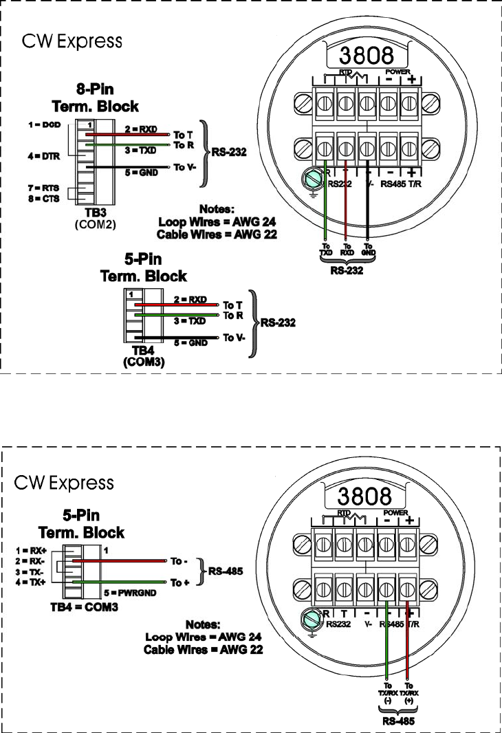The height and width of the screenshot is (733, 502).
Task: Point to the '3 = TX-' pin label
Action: point(30,571)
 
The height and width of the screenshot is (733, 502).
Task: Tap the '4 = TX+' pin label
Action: point(30,582)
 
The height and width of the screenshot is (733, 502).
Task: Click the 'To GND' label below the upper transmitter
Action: point(369,250)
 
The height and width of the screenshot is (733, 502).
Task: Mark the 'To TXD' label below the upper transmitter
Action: point(325,250)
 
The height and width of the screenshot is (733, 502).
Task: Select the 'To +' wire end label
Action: point(180,582)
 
